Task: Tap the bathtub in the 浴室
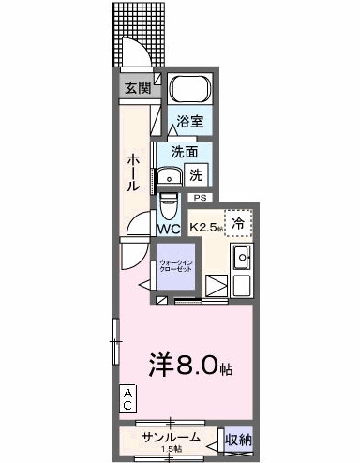tap(190, 93)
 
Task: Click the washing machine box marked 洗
tap(196, 173)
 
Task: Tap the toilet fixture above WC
tap(169, 202)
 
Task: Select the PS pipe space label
tap(201, 199)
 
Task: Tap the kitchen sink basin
tap(241, 257)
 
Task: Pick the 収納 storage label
tap(238, 439)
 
